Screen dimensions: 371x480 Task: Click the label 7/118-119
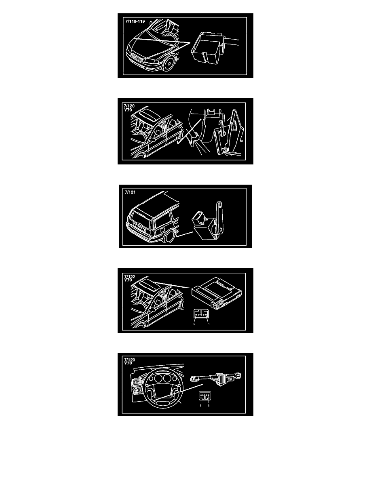coord(135,21)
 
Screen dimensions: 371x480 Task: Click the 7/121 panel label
coord(130,192)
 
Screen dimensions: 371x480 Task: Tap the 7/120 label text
coord(129,106)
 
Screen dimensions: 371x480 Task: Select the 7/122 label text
coord(129,276)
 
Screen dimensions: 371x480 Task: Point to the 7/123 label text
coord(129,360)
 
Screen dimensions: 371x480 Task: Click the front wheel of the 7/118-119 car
coord(169,63)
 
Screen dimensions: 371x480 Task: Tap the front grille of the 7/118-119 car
coord(137,57)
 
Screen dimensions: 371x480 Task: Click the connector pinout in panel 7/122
coord(201,314)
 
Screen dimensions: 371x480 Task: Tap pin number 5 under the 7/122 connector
coord(194,324)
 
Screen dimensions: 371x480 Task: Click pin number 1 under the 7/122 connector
coord(209,324)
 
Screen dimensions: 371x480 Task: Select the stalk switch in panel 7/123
coord(216,377)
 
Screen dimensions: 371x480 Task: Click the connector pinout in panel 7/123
coord(205,397)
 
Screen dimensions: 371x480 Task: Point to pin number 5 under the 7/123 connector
coord(209,406)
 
